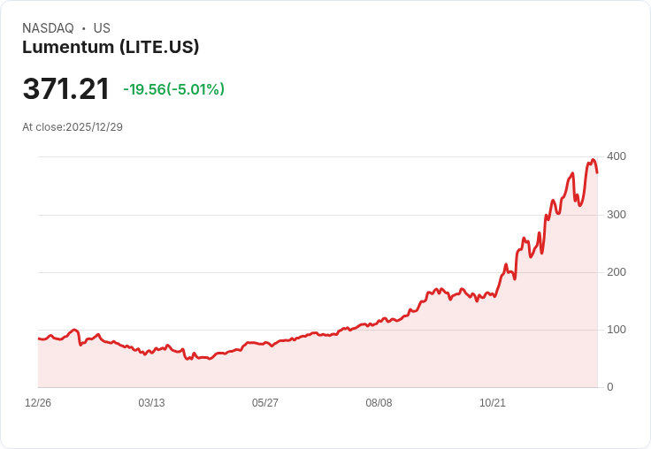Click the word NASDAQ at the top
pyautogui.click(x=48, y=28)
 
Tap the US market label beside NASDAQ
pyautogui.click(x=102, y=28)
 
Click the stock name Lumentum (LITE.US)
pyautogui.click(x=111, y=48)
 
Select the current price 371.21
pyautogui.click(x=66, y=88)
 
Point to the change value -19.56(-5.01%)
pyautogui.click(x=173, y=89)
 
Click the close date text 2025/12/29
pyautogui.click(x=94, y=127)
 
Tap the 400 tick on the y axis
pyautogui.click(x=616, y=156)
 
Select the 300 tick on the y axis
pyautogui.click(x=616, y=215)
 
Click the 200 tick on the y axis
pyautogui.click(x=616, y=272)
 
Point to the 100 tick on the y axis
pyautogui.click(x=616, y=330)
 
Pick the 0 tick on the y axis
pyautogui.click(x=609, y=387)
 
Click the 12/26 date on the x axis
pyautogui.click(x=38, y=403)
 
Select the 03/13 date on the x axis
pyautogui.click(x=151, y=403)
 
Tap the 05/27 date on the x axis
pyautogui.click(x=265, y=403)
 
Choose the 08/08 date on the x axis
pyautogui.click(x=379, y=403)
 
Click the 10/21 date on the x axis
pyautogui.click(x=492, y=403)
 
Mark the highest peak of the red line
pyautogui.click(x=593, y=160)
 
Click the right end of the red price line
pyautogui.click(x=597, y=172)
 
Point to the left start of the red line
pyautogui.click(x=39, y=339)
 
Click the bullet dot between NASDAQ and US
pyautogui.click(x=83, y=28)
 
